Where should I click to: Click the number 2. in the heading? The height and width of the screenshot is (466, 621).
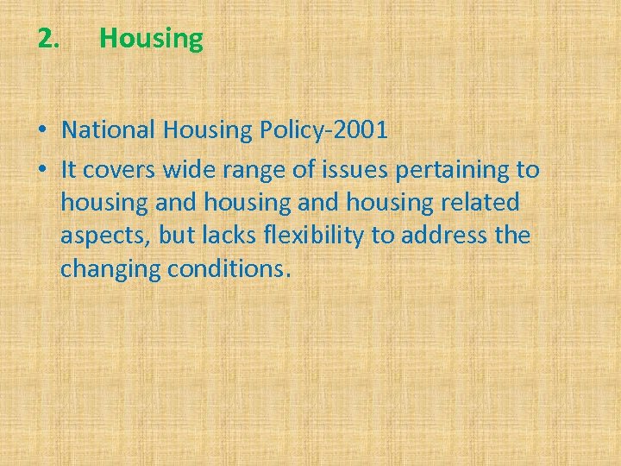click(49, 39)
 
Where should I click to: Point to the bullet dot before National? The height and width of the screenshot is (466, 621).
click(42, 131)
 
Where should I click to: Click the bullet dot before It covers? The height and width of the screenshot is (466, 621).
click(42, 170)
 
